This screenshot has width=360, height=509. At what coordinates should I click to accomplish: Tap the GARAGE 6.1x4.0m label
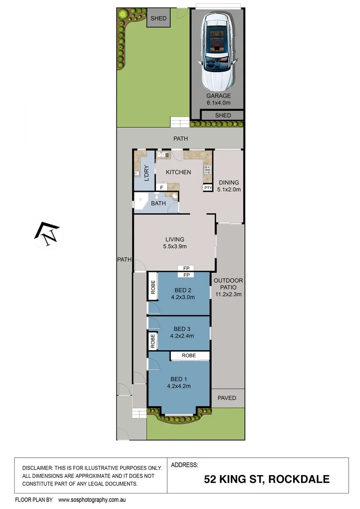point(217,99)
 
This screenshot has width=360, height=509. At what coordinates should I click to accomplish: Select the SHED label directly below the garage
point(222,115)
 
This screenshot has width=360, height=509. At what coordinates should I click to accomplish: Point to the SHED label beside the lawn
point(158,18)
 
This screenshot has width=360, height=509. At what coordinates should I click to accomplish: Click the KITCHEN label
point(178,172)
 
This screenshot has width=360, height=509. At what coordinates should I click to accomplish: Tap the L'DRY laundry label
point(146,173)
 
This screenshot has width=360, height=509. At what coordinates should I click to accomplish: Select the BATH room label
point(158,204)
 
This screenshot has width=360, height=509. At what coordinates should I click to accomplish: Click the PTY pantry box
point(208,188)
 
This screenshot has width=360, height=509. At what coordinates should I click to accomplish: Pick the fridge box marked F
point(162,188)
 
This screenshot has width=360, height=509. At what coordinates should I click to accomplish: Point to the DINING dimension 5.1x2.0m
point(229,190)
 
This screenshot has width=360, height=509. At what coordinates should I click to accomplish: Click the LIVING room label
point(174,239)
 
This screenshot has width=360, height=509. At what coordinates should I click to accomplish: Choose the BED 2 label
point(182,290)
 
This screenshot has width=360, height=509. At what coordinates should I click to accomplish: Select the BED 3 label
point(182,329)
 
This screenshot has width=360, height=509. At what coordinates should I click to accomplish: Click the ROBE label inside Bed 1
point(190,356)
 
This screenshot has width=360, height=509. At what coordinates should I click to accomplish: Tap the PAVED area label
point(227,398)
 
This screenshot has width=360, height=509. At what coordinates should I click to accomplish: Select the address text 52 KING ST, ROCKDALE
point(266,480)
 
